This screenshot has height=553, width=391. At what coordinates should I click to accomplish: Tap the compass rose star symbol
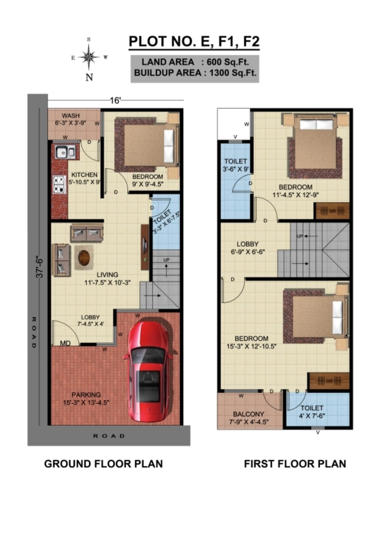click(89, 57)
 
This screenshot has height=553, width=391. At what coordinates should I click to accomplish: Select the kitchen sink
click(65, 152)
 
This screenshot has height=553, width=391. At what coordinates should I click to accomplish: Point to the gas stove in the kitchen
click(59, 184)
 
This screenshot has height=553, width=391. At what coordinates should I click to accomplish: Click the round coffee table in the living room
click(84, 257)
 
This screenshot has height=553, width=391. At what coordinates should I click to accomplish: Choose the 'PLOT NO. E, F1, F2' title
click(194, 42)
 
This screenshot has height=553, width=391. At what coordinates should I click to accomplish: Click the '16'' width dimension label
click(115, 101)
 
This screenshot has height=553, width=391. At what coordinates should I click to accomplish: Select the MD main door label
click(65, 343)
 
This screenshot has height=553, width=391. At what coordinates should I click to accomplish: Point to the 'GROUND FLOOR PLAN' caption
click(104, 464)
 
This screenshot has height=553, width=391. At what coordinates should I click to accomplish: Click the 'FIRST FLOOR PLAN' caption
click(295, 464)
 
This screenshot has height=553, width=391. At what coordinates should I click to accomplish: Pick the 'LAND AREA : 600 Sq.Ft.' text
click(195, 62)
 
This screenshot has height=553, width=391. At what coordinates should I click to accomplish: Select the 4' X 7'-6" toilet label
click(312, 412)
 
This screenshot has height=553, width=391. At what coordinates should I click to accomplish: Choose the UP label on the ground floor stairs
click(166, 260)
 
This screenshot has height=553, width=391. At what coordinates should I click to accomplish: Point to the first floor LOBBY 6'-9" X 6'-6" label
click(248, 248)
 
